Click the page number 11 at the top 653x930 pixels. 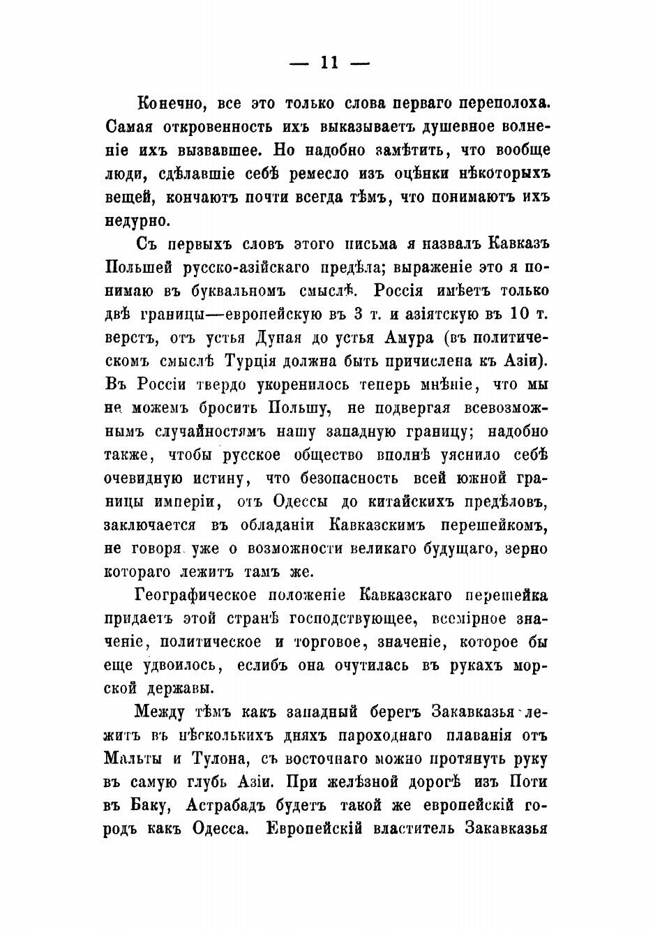click(326, 62)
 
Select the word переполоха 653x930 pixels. click(504, 103)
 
